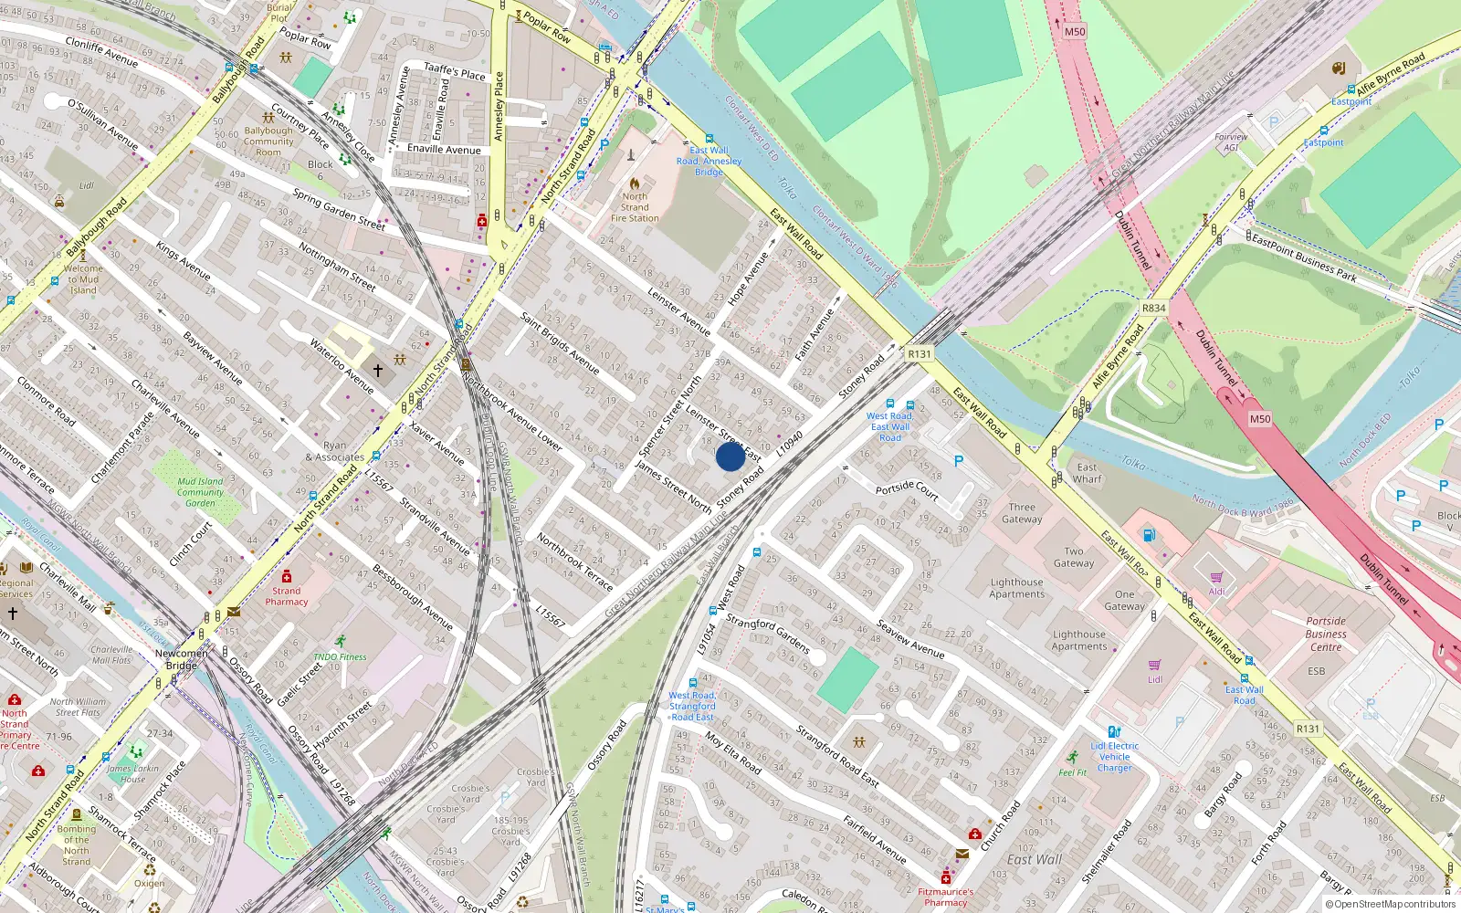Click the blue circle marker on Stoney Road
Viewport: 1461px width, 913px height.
point(730,456)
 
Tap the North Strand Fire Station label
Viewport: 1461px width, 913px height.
point(635,207)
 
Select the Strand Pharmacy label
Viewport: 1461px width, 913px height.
point(287,596)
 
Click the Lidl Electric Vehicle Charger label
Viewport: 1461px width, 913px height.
point(1114,757)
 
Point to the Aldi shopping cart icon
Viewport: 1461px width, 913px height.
point(1216,577)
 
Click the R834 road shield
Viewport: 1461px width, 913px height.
point(1153,308)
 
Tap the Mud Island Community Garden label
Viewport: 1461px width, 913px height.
point(200,492)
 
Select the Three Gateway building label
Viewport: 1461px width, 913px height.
point(1022,513)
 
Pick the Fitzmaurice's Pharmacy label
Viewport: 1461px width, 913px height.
point(945,897)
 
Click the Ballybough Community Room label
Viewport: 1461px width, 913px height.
point(268,142)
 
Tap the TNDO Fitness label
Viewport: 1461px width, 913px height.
point(340,656)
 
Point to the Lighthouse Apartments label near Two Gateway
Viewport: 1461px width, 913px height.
point(1016,588)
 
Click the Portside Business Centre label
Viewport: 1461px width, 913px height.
point(1326,634)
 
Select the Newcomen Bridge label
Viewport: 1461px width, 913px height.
point(181,659)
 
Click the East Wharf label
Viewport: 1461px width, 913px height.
point(1087,473)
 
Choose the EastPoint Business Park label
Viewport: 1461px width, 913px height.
point(1303,258)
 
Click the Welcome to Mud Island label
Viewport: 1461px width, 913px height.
point(83,279)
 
